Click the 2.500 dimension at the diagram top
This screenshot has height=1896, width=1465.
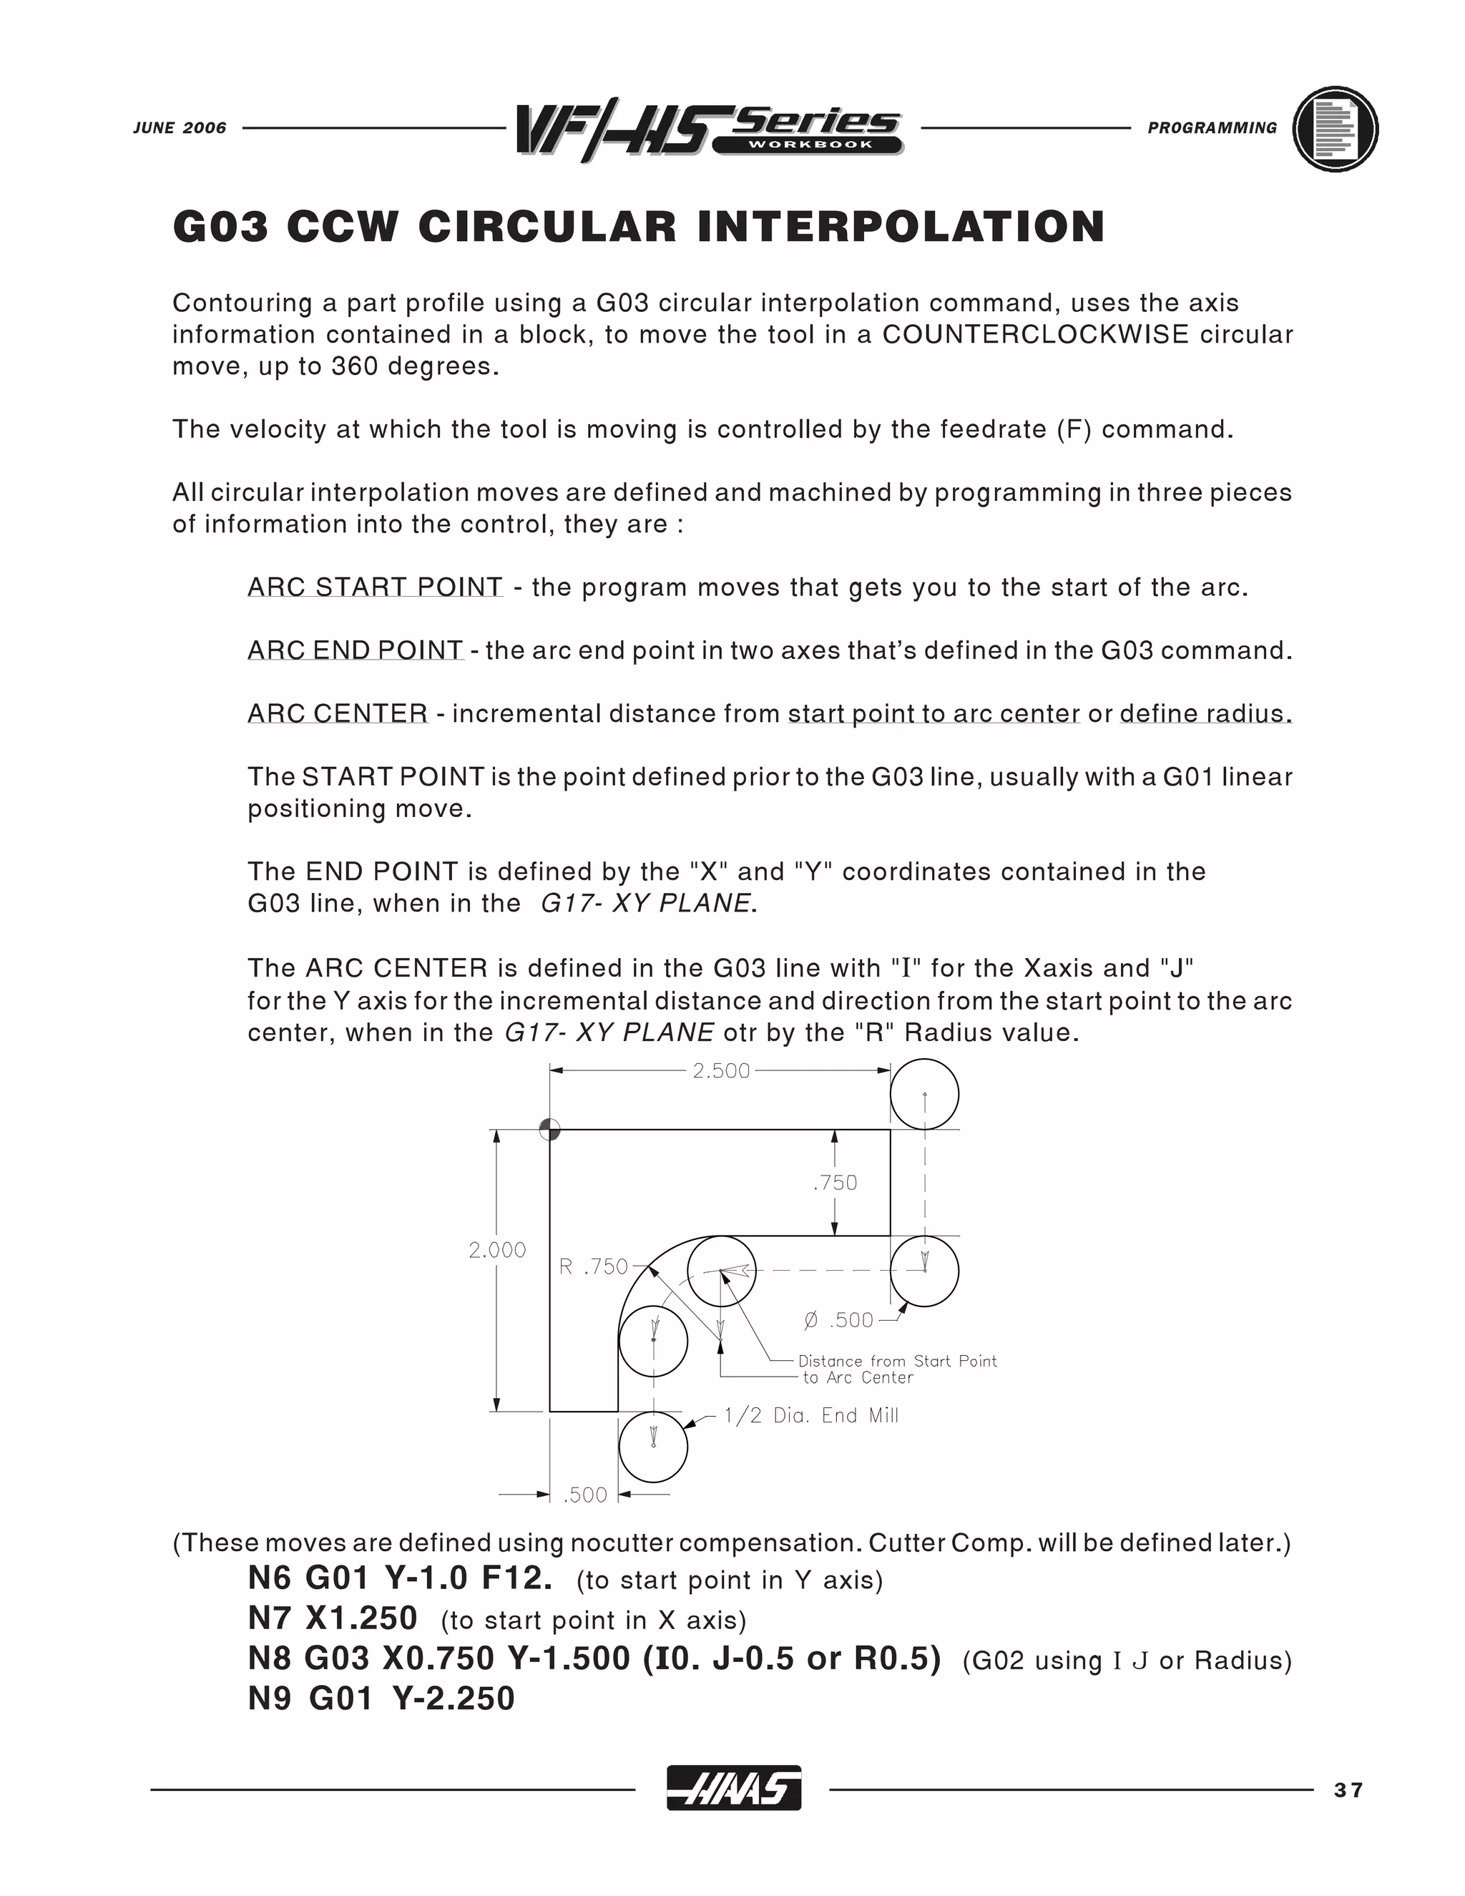coord(720,1070)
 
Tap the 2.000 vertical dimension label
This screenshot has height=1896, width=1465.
coord(496,1249)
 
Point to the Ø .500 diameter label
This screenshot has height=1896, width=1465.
coord(838,1321)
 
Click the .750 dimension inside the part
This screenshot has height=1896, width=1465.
coord(835,1183)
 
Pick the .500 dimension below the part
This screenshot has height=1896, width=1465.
coord(585,1495)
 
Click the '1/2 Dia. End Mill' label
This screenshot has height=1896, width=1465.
coord(810,1416)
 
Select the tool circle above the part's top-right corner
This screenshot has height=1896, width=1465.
coord(924,1094)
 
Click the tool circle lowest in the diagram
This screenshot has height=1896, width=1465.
coord(654,1447)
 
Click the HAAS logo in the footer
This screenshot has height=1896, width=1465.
coord(733,1789)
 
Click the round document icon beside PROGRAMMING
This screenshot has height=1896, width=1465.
coord(1335,129)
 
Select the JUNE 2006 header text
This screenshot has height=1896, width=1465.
coord(180,127)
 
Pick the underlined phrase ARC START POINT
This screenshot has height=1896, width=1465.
coord(375,587)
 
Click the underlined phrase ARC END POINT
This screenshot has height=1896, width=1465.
coord(355,650)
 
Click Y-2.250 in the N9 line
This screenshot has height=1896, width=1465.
coord(453,1698)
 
